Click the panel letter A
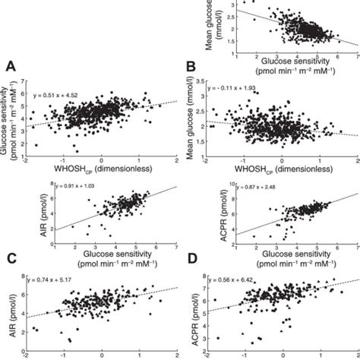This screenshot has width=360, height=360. pos(10,67)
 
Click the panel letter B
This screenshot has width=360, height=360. pos(192,67)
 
